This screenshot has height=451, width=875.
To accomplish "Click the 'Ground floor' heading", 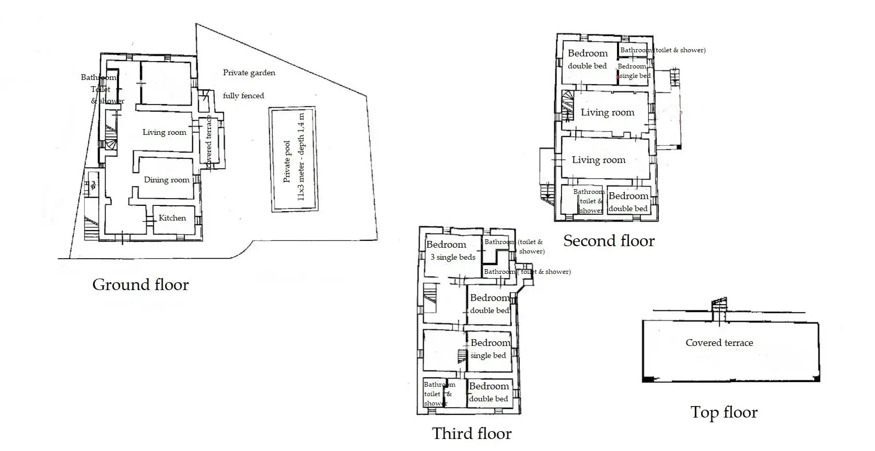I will [140, 285].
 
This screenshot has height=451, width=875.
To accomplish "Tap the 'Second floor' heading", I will [609, 241].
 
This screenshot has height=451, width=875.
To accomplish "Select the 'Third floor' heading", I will [471, 433].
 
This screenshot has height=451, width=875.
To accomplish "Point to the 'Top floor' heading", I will [724, 412].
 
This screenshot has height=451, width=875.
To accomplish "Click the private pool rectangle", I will [294, 159].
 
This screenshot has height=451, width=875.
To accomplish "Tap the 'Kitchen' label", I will [172, 218].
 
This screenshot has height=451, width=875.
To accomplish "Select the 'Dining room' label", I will [167, 180].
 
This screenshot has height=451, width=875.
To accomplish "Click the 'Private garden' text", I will [249, 73].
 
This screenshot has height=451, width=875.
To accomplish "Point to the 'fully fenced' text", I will [243, 96].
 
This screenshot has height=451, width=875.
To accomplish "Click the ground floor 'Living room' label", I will [164, 132].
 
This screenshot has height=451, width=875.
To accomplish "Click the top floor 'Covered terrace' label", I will [719, 343].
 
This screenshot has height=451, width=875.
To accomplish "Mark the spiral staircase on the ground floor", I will [111, 137].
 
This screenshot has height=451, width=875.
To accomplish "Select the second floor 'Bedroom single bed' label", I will [634, 71].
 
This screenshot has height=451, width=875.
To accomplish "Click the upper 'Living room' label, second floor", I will [607, 112].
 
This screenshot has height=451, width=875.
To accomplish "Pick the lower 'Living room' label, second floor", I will [598, 160].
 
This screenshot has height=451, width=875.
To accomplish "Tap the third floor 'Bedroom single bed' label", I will [489, 349].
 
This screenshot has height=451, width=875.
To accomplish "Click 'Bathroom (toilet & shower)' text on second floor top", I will [662, 50].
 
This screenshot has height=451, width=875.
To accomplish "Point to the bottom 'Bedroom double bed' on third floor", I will [488, 392].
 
